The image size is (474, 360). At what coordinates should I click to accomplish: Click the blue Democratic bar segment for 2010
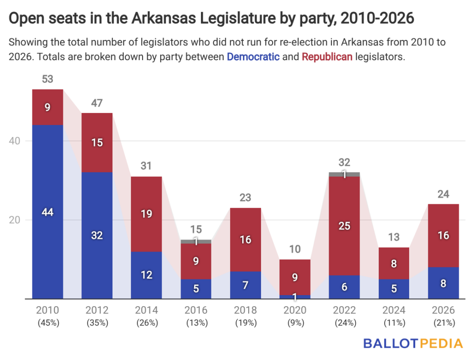47,211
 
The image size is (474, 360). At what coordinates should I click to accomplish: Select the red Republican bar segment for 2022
344,226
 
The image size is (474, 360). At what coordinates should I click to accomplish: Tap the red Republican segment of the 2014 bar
146,214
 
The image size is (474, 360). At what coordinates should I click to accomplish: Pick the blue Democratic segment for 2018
245,284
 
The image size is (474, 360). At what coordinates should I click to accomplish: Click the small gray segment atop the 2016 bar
196,241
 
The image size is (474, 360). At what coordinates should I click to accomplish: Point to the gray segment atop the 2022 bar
344,174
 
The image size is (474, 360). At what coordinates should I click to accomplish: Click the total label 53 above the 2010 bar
47,79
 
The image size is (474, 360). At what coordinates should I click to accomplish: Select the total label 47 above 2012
97,103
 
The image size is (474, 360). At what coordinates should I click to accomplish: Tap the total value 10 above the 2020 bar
295,250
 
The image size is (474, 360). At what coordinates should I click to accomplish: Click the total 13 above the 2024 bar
394,238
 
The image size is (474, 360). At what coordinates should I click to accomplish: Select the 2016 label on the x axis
196,310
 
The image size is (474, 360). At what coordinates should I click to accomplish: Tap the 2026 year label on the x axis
443,310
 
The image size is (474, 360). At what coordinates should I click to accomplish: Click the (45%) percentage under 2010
47,323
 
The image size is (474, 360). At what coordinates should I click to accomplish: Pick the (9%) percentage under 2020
295,323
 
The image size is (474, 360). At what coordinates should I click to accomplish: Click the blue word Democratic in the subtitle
253,57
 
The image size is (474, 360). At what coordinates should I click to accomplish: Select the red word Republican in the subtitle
327,57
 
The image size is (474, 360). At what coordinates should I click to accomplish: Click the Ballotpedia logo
413,343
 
